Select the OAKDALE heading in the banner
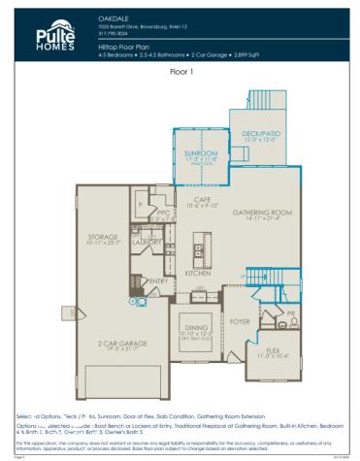pyautogui.click(x=114, y=17)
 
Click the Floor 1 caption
pyautogui.click(x=181, y=72)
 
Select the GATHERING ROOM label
pyautogui.click(x=269, y=212)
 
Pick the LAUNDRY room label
pyautogui.click(x=147, y=241)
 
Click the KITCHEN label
pyautogui.click(x=198, y=273)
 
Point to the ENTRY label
pyautogui.click(x=158, y=280)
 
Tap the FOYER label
pyautogui.click(x=240, y=321)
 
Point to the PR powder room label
pyautogui.click(x=290, y=313)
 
